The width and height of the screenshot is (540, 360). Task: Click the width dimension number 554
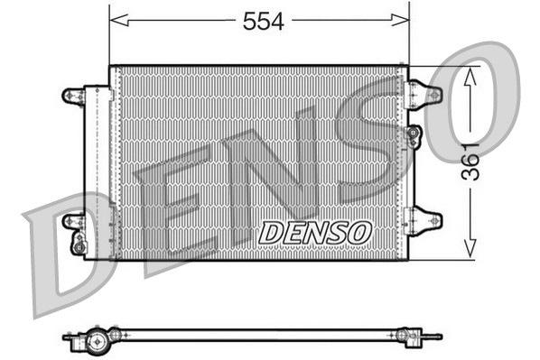coord(263,23)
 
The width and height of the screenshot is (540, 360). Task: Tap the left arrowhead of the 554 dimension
coord(116,20)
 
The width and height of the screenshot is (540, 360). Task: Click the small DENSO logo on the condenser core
coord(314,232)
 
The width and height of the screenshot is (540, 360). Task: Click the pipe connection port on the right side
coord(414,135)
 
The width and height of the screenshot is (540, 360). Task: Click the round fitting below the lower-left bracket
coord(79,244)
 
